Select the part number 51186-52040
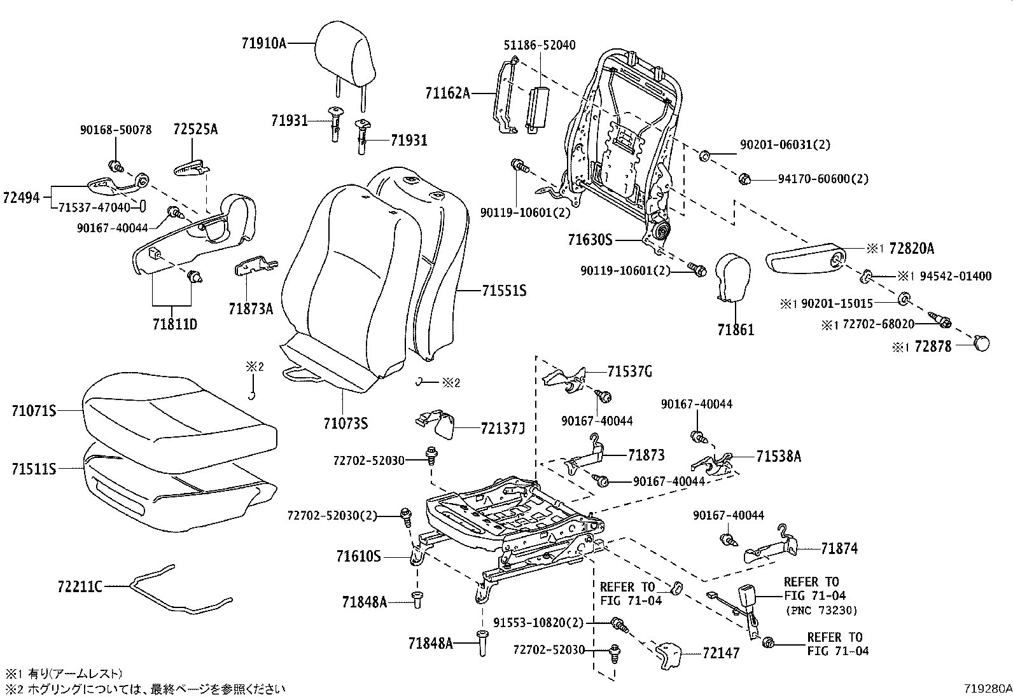tap(540, 45)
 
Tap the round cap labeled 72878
tap(982, 344)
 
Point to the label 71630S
tap(589, 240)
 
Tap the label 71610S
tap(358, 557)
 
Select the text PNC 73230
tap(821, 611)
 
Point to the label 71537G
tap(629, 371)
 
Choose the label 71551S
tap(503, 291)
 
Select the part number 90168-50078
tap(116, 130)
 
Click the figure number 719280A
tap(987, 688)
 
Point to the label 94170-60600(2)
tap(823, 179)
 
